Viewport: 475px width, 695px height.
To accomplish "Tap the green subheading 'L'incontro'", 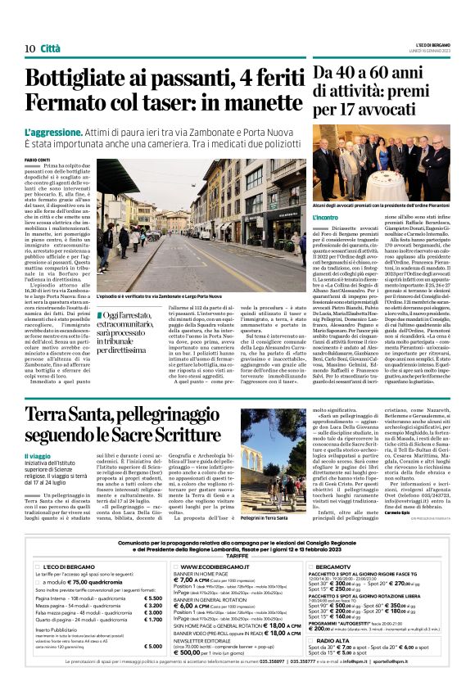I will pyautogui.click(x=325, y=217).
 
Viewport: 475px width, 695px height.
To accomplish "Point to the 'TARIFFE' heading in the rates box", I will pyautogui.click(x=237, y=553).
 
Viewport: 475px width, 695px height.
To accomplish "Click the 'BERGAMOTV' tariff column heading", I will pyautogui.click(x=332, y=565).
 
